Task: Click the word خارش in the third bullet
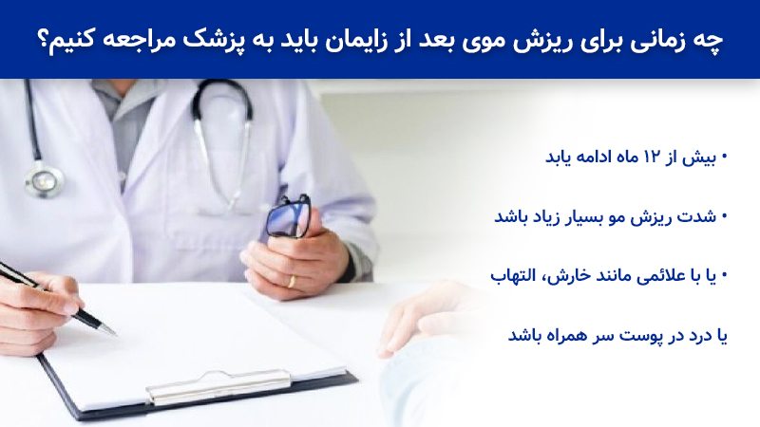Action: pyautogui.click(x=550, y=277)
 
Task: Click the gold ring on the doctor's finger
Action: pyautogui.click(x=291, y=281)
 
